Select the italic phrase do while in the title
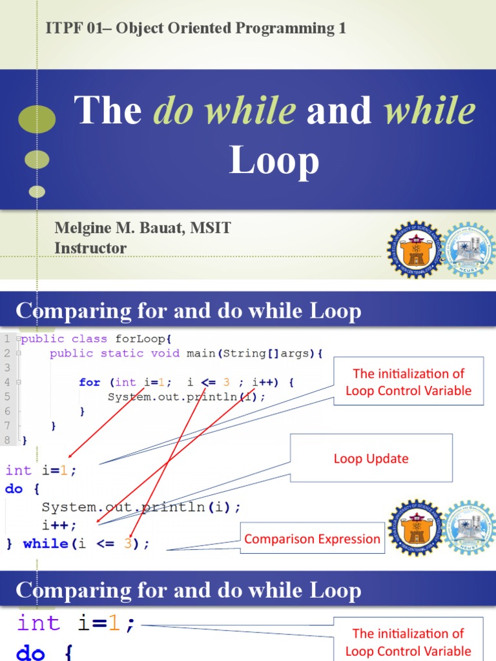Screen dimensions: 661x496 pyautogui.click(x=224, y=110)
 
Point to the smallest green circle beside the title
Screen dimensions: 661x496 pyautogui.click(x=37, y=191)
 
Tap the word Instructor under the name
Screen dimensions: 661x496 pyautogui.click(x=90, y=248)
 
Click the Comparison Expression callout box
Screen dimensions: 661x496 pyautogui.click(x=312, y=539)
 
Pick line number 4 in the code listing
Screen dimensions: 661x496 pyautogui.click(x=6, y=382)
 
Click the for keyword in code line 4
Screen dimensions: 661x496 pyautogui.click(x=90, y=382)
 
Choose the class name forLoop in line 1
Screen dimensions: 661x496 pyautogui.click(x=143, y=339)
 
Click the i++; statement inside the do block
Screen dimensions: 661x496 pyautogui.click(x=59, y=525)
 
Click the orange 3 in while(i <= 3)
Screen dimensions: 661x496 pyautogui.click(x=128, y=544)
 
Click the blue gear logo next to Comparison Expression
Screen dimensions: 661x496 pyautogui.click(x=469, y=529)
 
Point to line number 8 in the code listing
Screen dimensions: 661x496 pyautogui.click(x=6, y=440)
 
